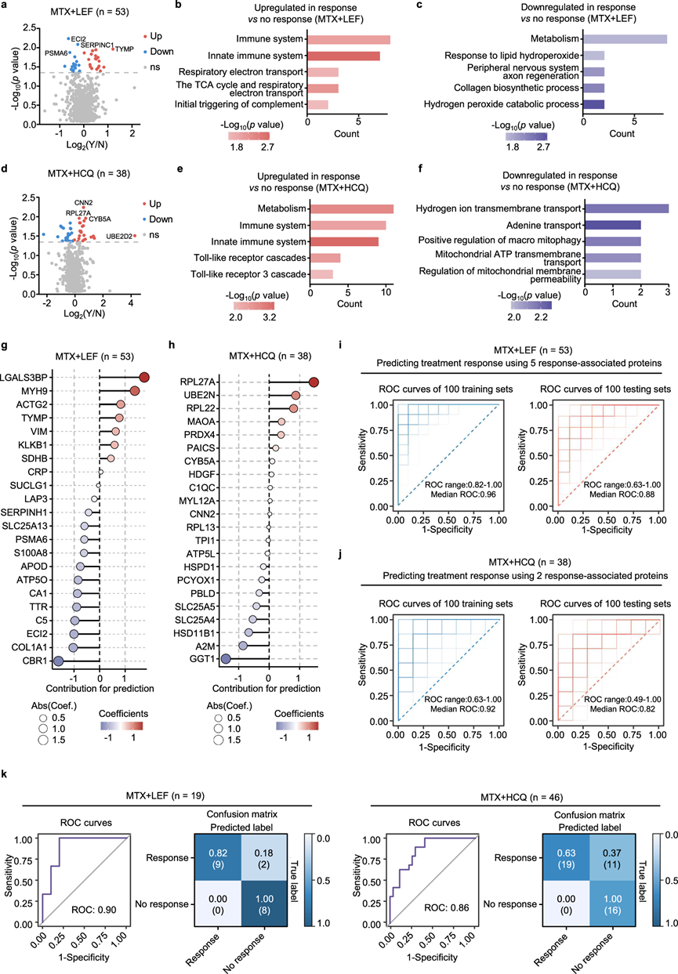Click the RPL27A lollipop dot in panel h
click(314, 382)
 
